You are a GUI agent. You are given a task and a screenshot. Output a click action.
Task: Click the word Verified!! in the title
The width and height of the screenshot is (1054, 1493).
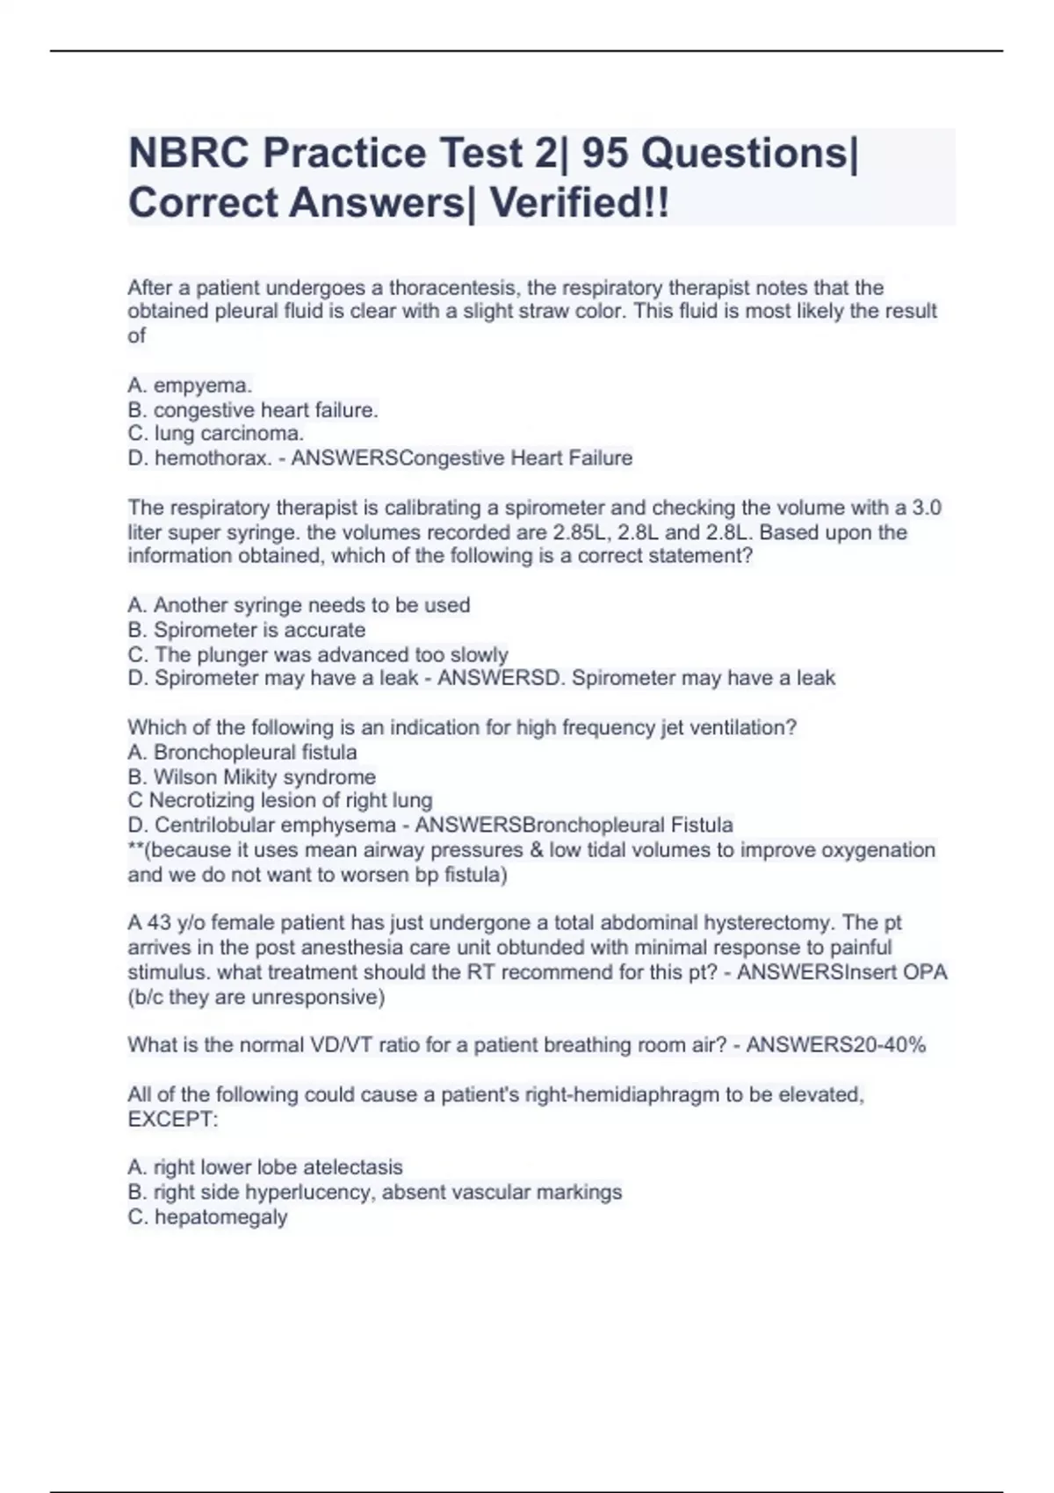(579, 203)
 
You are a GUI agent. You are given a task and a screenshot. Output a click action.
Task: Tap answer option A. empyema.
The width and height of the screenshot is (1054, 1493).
(190, 386)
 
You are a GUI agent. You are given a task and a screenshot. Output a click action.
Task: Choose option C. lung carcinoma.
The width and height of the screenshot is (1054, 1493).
(216, 434)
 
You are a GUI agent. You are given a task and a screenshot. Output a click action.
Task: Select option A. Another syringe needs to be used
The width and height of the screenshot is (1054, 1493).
(299, 605)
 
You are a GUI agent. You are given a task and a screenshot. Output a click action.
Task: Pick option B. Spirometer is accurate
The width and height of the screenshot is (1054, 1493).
(246, 630)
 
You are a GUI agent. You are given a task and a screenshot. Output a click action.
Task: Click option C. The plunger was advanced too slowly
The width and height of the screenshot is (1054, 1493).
(317, 654)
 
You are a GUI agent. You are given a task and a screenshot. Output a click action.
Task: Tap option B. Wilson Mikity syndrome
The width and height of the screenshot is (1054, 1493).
(251, 777)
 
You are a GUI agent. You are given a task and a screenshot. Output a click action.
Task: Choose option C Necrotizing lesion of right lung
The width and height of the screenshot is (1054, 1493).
(279, 801)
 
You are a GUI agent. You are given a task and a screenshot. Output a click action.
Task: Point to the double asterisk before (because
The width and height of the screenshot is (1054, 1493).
(134, 848)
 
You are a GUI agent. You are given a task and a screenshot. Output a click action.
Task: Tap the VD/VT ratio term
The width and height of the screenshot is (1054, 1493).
(342, 1045)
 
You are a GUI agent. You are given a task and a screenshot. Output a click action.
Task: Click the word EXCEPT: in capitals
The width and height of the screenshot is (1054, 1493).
(172, 1120)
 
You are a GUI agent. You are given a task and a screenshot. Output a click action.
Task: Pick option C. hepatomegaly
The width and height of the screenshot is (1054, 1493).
(207, 1217)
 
